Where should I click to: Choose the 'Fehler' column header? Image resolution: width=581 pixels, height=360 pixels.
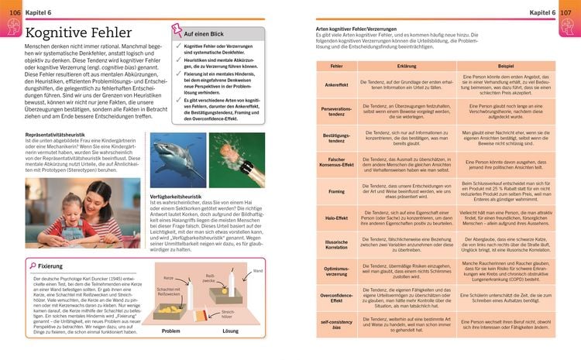(x=336, y=67)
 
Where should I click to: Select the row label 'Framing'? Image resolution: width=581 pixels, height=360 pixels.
(x=336, y=190)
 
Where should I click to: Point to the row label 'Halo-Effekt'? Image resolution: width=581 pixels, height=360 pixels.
(x=336, y=218)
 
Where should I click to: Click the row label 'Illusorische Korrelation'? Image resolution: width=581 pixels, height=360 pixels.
(x=336, y=246)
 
